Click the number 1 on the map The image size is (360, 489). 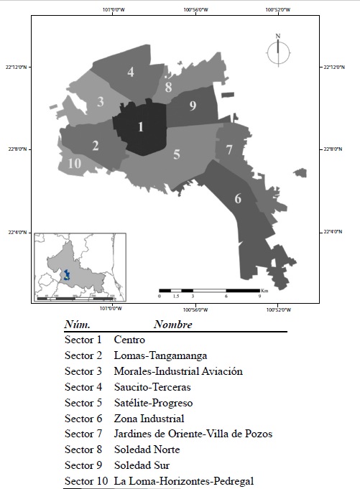tap(141, 127)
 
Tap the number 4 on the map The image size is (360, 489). tap(131, 72)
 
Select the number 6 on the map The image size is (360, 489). tap(238, 199)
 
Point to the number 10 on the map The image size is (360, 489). tap(74, 163)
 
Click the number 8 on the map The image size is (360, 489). tap(168, 88)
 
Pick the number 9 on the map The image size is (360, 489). tap(193, 106)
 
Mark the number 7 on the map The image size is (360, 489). tap(229, 150)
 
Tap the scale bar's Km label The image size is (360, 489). tap(264, 290)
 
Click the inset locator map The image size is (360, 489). tap(80, 266)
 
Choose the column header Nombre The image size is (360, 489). tap(172, 325)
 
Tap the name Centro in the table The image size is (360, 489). tap(129, 340)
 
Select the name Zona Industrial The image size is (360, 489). tap(149, 419)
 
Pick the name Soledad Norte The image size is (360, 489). tap(147, 450)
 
